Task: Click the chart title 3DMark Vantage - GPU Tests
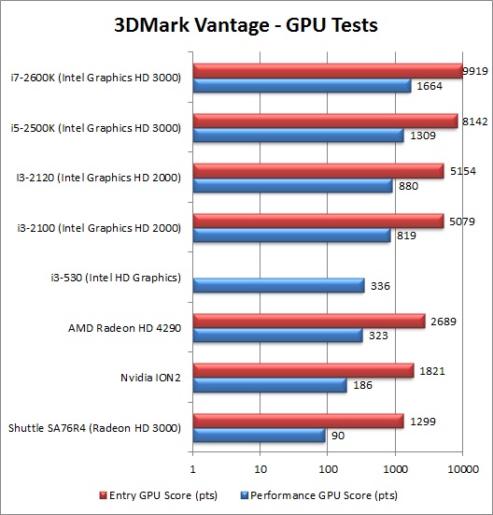[x=246, y=23]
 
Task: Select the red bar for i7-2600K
[x=327, y=71]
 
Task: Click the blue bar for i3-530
[x=278, y=285]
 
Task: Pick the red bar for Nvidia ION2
[x=303, y=371]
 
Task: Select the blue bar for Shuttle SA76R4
[x=259, y=435]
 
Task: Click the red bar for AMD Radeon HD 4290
[x=309, y=321]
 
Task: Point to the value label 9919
[x=476, y=70]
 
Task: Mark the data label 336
[x=381, y=286]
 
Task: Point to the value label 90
[x=340, y=436]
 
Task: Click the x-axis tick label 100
[x=328, y=468]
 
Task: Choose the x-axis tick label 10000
[x=461, y=468]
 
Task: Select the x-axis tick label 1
[x=193, y=468]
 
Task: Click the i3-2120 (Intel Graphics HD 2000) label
[x=105, y=176]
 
